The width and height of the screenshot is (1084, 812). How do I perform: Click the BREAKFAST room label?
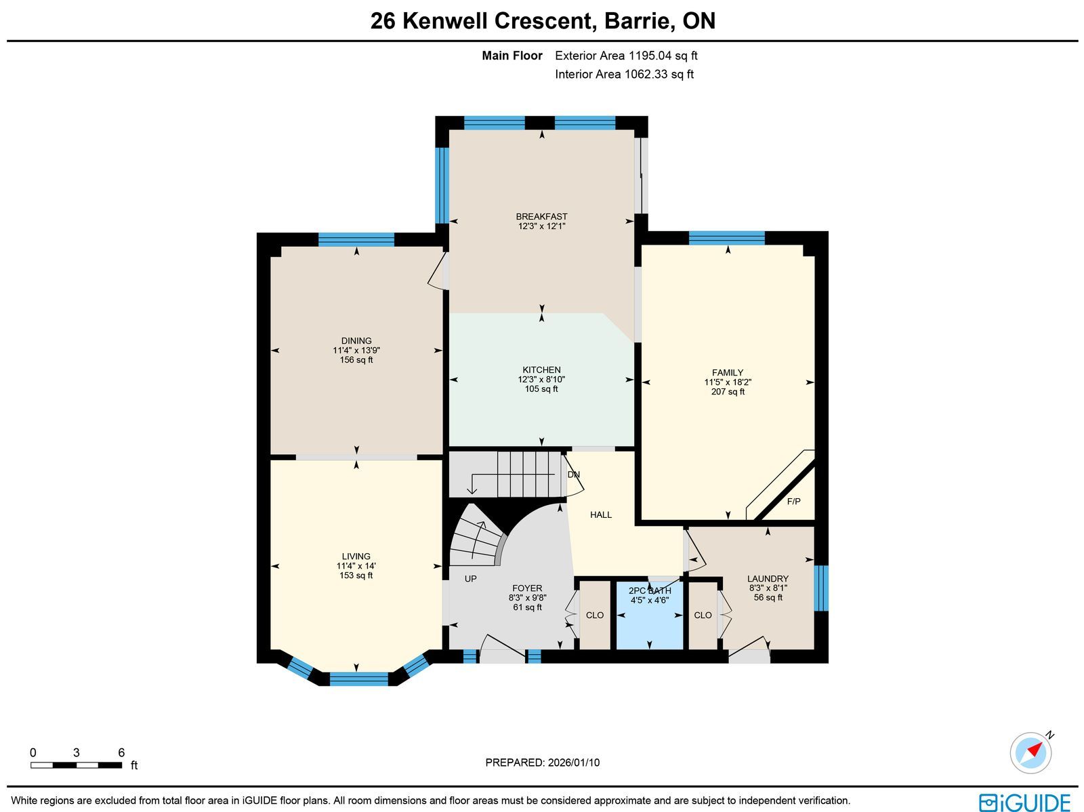pos(541,216)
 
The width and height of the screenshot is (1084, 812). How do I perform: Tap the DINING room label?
pos(356,341)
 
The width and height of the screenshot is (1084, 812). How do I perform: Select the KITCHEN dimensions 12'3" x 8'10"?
pos(541,380)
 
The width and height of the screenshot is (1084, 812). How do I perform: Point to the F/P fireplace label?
pos(793,502)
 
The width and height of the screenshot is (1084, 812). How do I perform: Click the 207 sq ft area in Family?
pos(728,392)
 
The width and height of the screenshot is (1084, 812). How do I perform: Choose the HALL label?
pos(601,514)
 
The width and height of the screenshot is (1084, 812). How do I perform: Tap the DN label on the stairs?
pos(573,474)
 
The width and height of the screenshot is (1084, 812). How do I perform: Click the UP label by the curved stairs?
pos(471,578)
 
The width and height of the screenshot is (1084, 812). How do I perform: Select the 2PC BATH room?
pos(650,615)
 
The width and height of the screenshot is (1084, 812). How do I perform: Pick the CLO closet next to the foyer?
pos(595,615)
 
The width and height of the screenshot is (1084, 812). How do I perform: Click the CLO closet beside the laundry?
pos(703,615)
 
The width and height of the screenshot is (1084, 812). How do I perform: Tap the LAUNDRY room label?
pos(768,578)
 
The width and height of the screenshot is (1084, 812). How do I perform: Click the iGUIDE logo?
pos(1024,802)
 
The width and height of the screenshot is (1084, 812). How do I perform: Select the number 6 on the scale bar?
pos(121,752)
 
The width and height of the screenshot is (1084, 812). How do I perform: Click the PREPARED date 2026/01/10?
pos(573,762)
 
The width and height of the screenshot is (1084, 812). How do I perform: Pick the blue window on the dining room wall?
pos(356,239)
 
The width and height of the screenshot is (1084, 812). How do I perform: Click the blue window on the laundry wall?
pos(820,588)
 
